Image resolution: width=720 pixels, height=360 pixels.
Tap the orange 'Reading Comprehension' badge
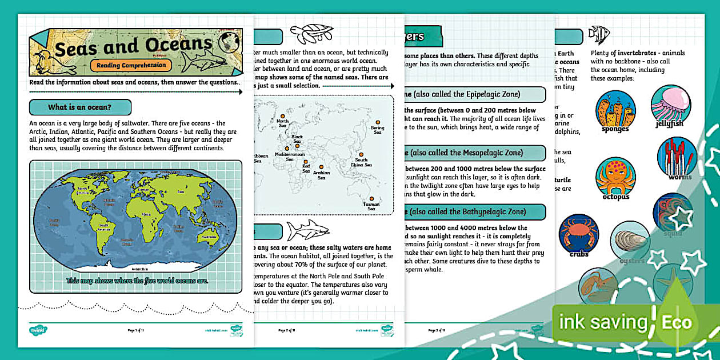click(x=131, y=65)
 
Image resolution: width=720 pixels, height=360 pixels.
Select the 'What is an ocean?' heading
click(x=80, y=107)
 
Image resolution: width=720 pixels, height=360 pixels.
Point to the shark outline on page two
click(x=307, y=230)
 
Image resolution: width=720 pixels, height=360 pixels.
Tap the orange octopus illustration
click(x=615, y=177)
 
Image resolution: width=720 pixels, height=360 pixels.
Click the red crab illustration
click(x=578, y=234)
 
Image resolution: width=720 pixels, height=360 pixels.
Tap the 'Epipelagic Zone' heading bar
click(x=474, y=94)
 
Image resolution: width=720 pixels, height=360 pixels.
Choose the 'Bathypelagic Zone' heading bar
click(x=474, y=211)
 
